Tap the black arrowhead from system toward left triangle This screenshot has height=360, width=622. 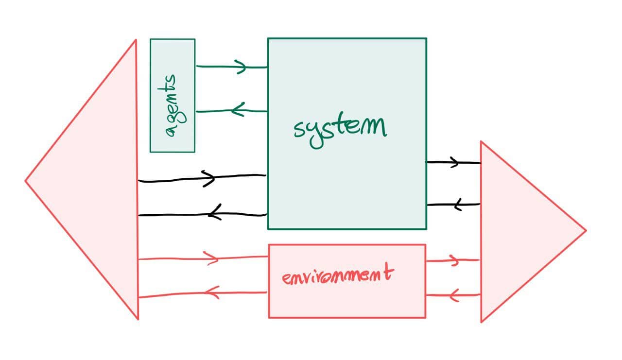(x=214, y=212)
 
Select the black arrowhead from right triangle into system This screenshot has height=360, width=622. (x=458, y=205)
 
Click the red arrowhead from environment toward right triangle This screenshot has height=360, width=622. (x=454, y=261)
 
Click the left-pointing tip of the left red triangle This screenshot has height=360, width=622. (x=26, y=181)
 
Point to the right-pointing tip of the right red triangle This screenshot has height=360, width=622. (x=585, y=230)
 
